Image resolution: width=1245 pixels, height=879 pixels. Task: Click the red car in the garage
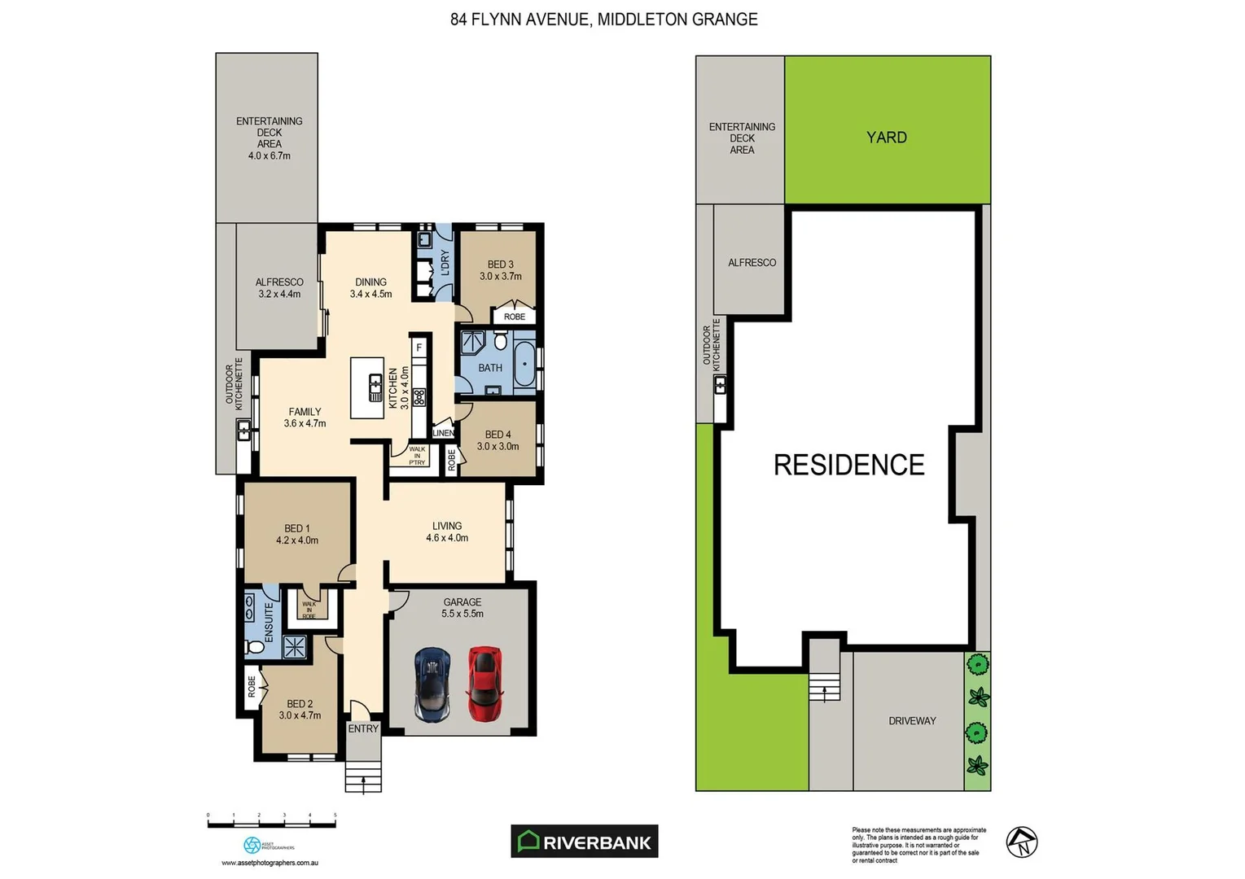coord(484,684)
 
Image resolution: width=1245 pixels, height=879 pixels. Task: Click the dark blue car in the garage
coord(432,684)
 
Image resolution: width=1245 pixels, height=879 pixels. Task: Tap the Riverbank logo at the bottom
coord(585,842)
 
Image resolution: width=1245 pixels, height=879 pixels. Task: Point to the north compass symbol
coord(1021,842)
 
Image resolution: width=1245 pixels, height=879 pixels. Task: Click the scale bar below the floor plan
coord(271,824)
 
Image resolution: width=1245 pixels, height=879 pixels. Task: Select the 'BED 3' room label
coord(500,265)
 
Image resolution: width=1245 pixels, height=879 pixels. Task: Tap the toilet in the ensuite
coord(254,647)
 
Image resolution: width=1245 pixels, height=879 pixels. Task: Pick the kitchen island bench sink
coord(375,387)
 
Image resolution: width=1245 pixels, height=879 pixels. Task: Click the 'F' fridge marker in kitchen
coord(419,348)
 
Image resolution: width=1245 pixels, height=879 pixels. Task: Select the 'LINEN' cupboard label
coord(443,433)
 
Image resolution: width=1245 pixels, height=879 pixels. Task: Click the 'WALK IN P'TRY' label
coord(417,456)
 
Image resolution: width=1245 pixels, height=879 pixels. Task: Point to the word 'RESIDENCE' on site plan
coord(848,465)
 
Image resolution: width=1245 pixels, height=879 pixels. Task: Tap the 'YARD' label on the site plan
coord(886,138)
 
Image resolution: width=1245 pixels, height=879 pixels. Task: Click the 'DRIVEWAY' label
coord(912,721)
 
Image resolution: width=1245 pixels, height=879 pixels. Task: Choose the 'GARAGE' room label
coord(462,602)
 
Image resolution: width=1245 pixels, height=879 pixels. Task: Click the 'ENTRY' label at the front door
coord(363,728)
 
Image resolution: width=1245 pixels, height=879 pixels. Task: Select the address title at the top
coord(603,20)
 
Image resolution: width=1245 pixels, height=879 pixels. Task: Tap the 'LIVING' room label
coord(447,526)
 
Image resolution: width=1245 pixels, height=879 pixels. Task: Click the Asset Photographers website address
coord(270,863)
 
